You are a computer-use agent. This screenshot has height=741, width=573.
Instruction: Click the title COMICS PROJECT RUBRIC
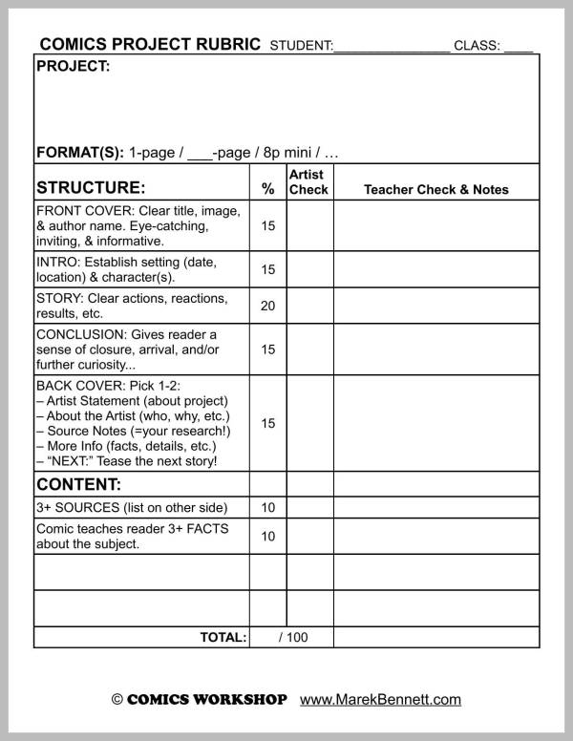[x=149, y=45]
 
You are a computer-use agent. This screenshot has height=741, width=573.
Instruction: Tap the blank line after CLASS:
[x=519, y=48]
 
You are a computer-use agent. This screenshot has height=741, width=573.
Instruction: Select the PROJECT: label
[x=73, y=67]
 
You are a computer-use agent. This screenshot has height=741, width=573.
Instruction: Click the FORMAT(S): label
[x=80, y=152]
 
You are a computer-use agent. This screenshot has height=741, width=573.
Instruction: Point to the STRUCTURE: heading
[x=91, y=188]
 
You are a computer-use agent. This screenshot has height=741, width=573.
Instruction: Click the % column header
[x=267, y=189]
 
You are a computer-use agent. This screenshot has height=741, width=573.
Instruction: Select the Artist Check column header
[x=308, y=181]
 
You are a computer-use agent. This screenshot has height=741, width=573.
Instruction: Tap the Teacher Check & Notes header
[x=436, y=189]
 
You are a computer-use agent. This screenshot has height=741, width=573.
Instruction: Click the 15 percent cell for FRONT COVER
[x=267, y=226]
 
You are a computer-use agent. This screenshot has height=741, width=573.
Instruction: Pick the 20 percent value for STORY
[x=267, y=306]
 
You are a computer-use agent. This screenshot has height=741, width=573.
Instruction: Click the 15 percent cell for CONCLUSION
[x=267, y=349]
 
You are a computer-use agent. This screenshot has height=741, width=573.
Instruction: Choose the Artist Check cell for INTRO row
[x=309, y=269]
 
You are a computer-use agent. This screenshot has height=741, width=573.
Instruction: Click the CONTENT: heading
[x=78, y=483]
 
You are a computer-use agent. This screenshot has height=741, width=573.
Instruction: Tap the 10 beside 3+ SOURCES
[x=267, y=508]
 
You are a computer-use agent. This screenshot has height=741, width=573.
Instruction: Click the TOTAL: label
[x=223, y=637]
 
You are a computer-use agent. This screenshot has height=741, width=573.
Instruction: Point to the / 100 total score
[x=293, y=637]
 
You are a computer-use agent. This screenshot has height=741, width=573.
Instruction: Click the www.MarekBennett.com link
[x=380, y=699]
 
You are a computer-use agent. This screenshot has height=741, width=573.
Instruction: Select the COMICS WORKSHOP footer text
[x=206, y=699]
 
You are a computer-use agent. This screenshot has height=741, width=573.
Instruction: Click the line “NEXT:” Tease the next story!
[x=126, y=461]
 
